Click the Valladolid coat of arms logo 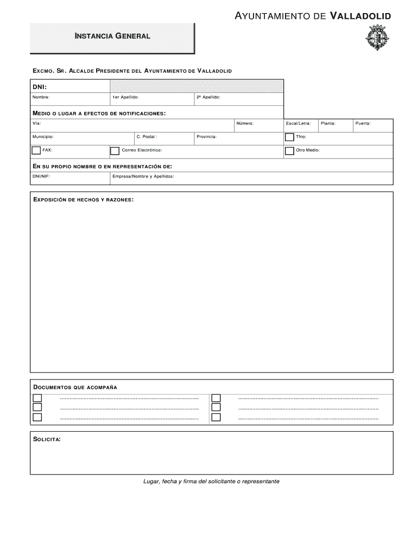click(378, 40)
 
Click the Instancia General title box click(112, 36)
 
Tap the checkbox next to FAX click(36, 150)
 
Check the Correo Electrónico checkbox click(115, 151)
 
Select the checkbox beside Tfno click(289, 137)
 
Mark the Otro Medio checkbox click(289, 151)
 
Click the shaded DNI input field click(197, 86)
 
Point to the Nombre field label click(41, 97)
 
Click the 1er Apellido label click(125, 97)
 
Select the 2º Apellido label click(208, 97)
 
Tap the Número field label click(245, 123)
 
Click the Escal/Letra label click(298, 123)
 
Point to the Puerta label click(363, 123)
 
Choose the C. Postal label click(147, 136)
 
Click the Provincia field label click(207, 136)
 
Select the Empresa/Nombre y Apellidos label click(143, 176)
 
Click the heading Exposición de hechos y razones click(83, 200)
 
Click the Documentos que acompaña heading click(75, 387)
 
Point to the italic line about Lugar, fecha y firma click(211, 481)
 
